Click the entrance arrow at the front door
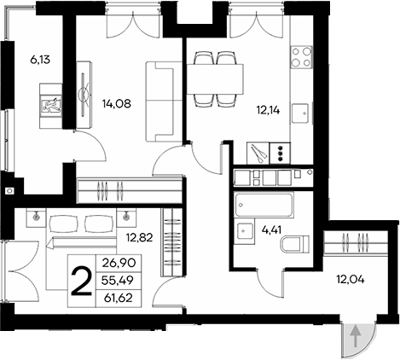coord(354,339)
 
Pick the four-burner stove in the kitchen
coord(301,57)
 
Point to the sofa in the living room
coord(159,101)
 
